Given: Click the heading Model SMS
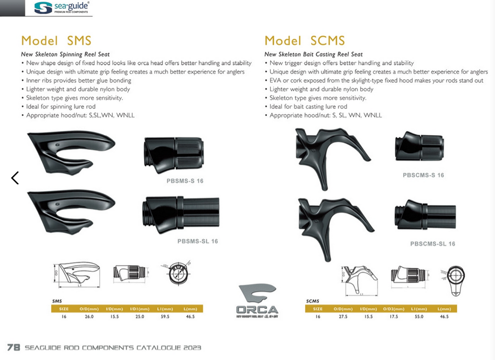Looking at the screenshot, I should click(x=56, y=40).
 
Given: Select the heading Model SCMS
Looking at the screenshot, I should click(x=305, y=40).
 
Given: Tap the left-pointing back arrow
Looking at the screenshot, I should click(x=15, y=178).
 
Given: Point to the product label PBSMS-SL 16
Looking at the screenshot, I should click(x=197, y=241).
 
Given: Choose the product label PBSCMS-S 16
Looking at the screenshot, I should click(x=423, y=175).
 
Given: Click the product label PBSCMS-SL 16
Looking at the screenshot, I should click(x=432, y=244).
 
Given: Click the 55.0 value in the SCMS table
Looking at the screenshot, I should click(x=419, y=317).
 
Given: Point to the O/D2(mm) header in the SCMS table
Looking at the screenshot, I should click(x=393, y=309).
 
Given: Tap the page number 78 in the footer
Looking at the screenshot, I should click(x=14, y=347).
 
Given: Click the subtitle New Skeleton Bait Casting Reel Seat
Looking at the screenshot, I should click(x=313, y=54).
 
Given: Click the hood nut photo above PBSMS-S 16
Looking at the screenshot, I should click(x=174, y=154).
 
